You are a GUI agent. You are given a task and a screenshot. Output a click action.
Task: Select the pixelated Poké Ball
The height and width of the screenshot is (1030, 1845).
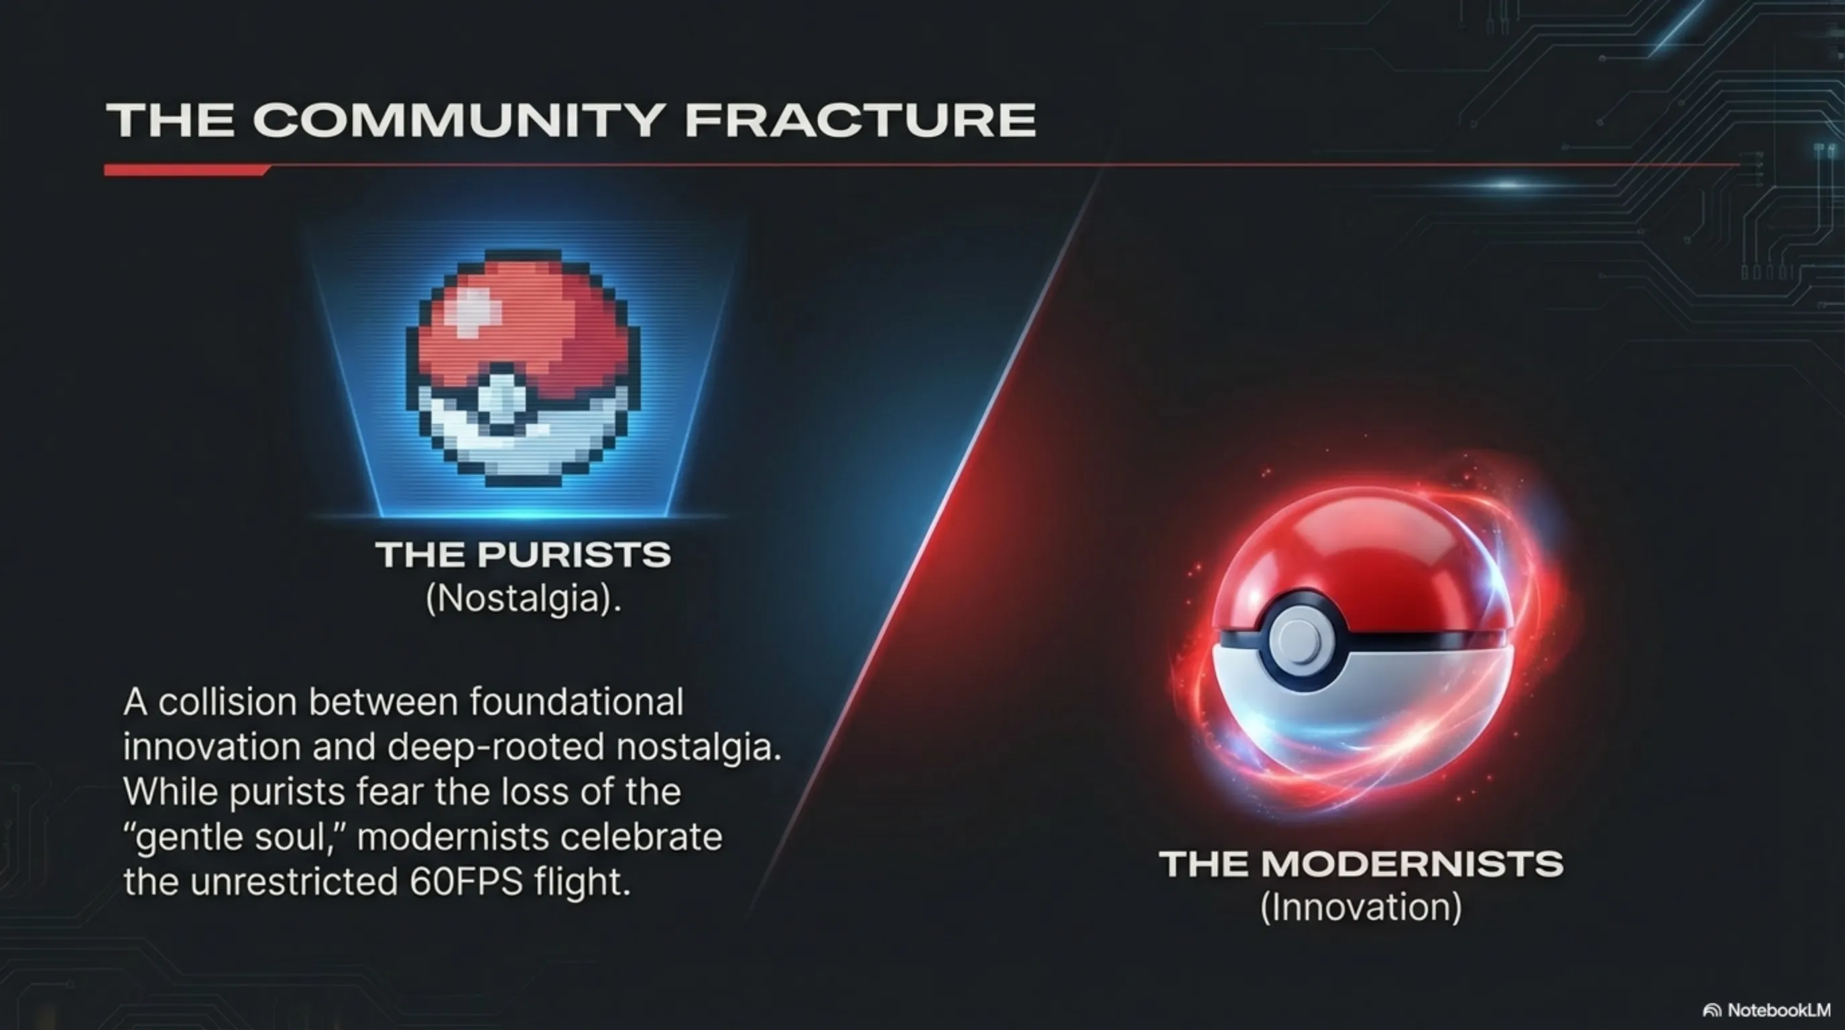tap(523, 368)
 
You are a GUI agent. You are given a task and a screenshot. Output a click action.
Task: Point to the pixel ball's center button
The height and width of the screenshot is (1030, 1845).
tap(503, 401)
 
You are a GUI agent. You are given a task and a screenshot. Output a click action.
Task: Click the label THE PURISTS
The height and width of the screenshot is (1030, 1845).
tap(523, 555)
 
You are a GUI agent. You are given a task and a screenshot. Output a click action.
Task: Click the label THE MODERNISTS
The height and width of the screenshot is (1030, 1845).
tap(1361, 863)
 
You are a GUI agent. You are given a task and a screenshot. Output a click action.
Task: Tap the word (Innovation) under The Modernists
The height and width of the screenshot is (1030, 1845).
tap(1361, 907)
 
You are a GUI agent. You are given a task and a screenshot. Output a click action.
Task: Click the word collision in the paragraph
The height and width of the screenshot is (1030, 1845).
tap(227, 702)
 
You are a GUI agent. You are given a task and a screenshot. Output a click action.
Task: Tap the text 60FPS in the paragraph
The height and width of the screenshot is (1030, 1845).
tap(465, 882)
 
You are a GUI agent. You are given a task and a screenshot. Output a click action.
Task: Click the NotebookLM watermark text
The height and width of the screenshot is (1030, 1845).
tap(1778, 1010)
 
